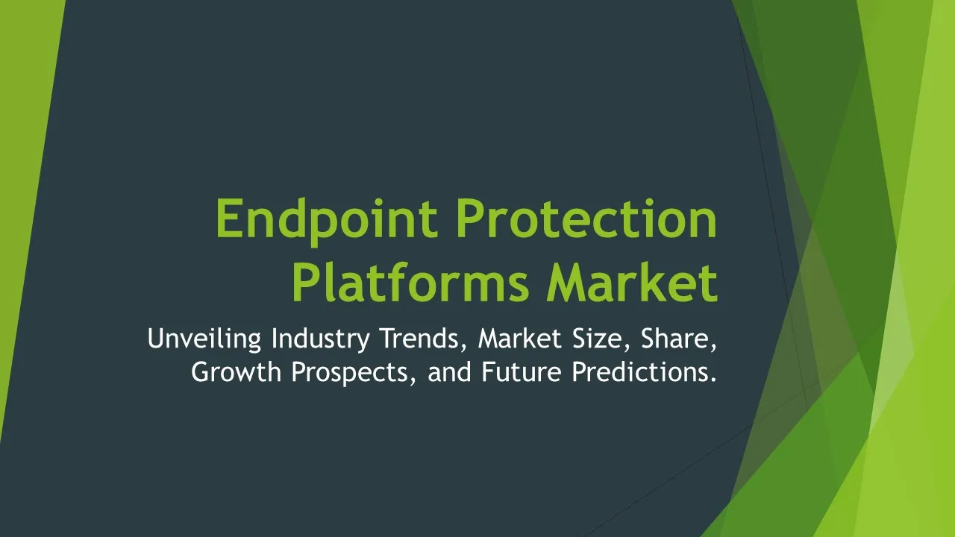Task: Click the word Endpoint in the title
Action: pyautogui.click(x=327, y=222)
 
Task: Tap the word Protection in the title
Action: pyautogui.click(x=586, y=219)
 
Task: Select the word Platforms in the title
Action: pyautogui.click(x=410, y=282)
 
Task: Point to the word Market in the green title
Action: pyautogui.click(x=632, y=282)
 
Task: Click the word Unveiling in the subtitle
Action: pyautogui.click(x=204, y=339)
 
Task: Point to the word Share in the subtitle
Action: pyautogui.click(x=675, y=339)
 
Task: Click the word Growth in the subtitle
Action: pyautogui.click(x=237, y=371)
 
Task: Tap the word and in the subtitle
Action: pyautogui.click(x=449, y=371)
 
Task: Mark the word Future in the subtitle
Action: pyautogui.click(x=522, y=371)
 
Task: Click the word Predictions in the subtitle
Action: pyautogui.click(x=639, y=371)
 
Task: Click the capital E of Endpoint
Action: pyautogui.click(x=230, y=219)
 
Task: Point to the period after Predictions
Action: pyautogui.click(x=712, y=380)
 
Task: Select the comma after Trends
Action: pyautogui.click(x=464, y=348)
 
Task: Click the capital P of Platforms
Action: pyautogui.click(x=307, y=282)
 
